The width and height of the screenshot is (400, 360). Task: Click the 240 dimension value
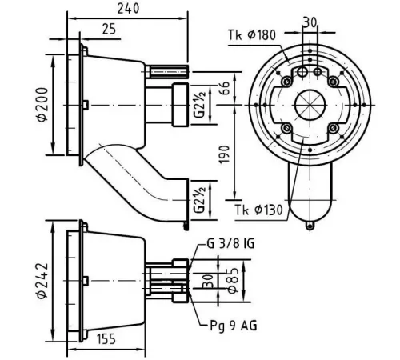click(x=128, y=9)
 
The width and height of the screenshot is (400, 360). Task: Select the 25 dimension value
click(x=109, y=29)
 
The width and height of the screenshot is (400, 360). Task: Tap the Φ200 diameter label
click(x=42, y=105)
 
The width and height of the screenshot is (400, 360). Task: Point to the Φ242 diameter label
click(x=42, y=280)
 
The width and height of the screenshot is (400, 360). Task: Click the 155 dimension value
click(x=106, y=339)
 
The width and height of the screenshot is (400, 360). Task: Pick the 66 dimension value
click(x=224, y=88)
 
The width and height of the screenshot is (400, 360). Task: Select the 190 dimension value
click(x=224, y=154)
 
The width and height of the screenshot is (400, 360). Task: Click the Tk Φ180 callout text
click(x=252, y=35)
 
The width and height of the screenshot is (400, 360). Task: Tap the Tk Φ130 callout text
click(x=258, y=210)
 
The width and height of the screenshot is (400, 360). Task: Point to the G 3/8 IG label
click(x=230, y=243)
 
